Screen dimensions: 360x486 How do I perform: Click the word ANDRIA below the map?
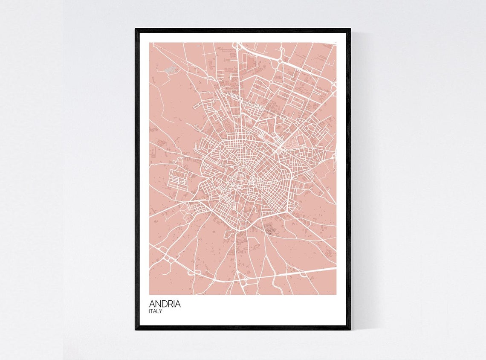pyautogui.click(x=165, y=304)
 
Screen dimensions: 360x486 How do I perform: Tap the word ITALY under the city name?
pyautogui.click(x=155, y=311)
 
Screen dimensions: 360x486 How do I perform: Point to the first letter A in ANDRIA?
pyautogui.click(x=152, y=304)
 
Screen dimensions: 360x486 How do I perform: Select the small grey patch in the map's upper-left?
pyautogui.click(x=170, y=69)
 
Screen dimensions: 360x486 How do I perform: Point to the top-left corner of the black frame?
pyautogui.click(x=136, y=29)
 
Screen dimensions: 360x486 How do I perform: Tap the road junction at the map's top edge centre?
pyautogui.click(x=237, y=44)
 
